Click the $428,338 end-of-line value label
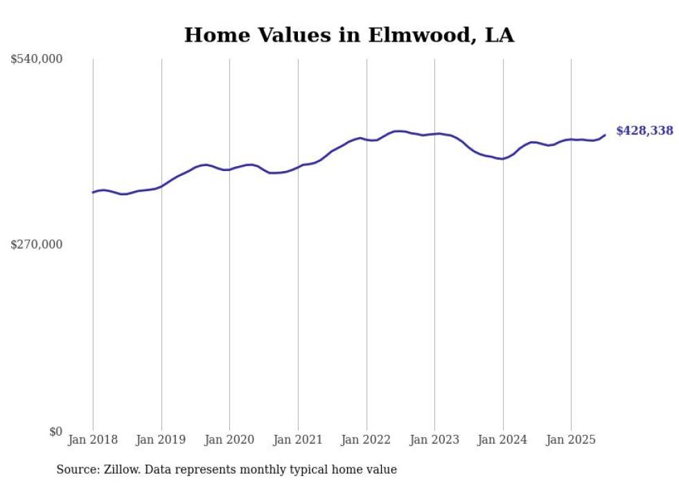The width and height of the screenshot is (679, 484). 644,130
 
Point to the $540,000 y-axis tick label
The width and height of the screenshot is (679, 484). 37,60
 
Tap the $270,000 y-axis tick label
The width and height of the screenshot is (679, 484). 37,244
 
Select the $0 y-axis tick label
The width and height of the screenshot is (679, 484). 55,431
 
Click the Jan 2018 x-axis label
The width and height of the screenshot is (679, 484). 93,440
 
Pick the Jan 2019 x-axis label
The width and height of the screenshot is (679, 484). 161,440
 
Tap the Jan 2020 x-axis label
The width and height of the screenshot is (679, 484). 229,440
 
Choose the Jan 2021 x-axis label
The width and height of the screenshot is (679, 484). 298,440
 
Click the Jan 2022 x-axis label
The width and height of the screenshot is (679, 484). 367,440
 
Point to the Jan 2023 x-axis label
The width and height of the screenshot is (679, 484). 434,440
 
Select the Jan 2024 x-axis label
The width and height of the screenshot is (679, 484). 503,440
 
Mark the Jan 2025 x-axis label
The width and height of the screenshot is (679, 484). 571,440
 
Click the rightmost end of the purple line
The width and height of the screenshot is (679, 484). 605,135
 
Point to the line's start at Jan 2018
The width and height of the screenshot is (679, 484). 93,192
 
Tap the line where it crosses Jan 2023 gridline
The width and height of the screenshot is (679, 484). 434,134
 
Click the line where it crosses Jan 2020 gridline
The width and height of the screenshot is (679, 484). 229,169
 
